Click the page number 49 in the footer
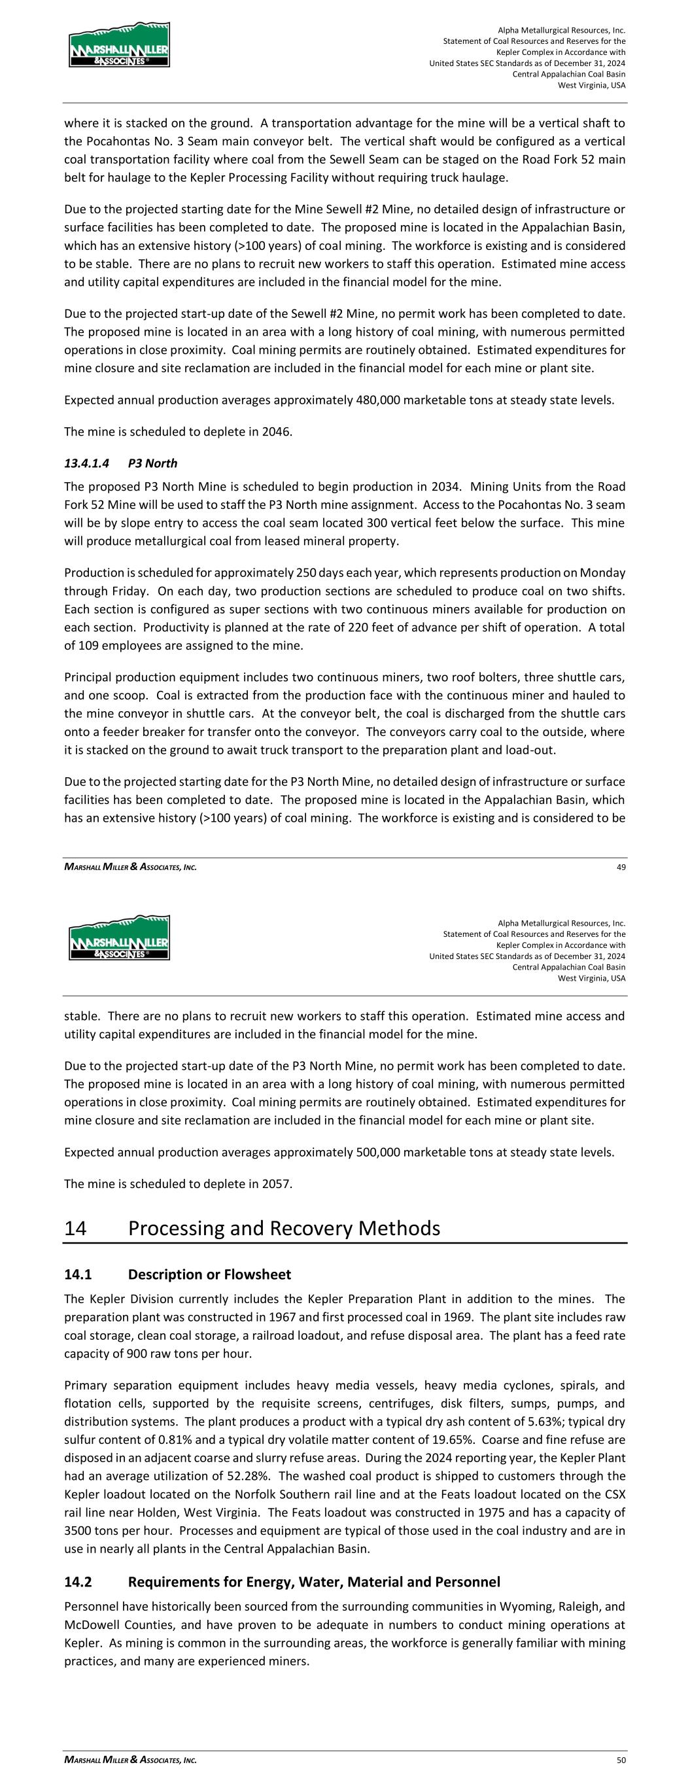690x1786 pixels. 621,867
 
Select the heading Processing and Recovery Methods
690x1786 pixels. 284,1228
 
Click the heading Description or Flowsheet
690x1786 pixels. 209,1274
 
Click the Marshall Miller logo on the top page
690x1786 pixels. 118,44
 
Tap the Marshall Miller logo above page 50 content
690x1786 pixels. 118,937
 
